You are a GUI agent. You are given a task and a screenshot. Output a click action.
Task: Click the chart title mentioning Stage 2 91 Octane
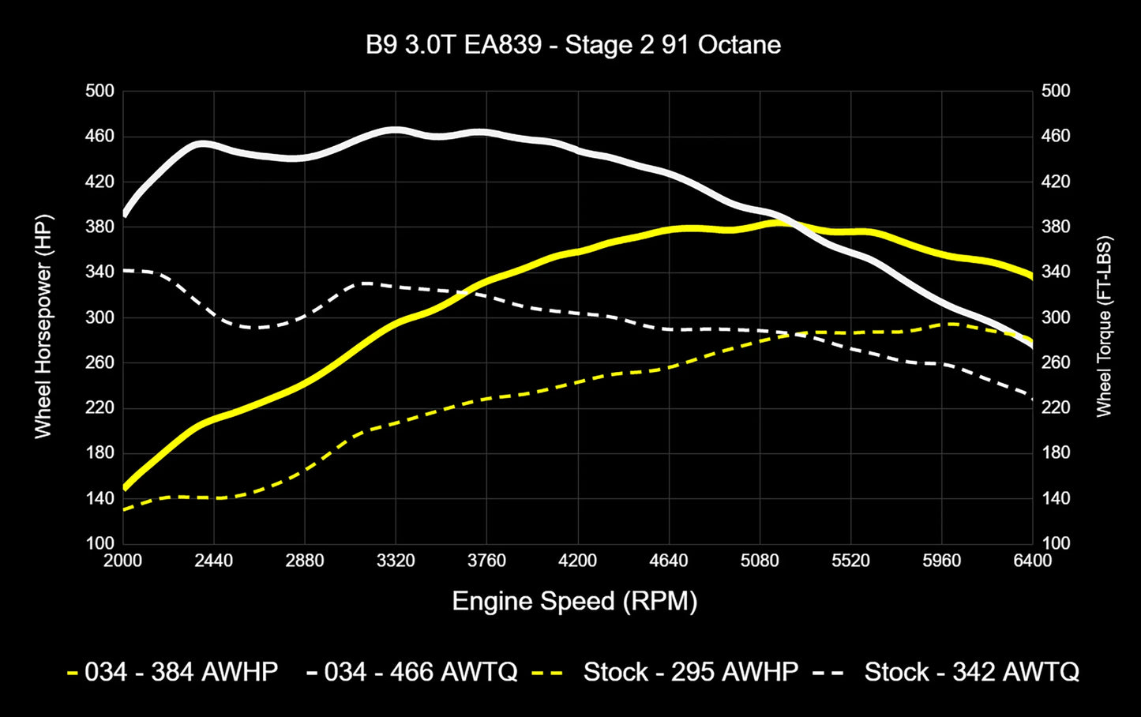coord(573,45)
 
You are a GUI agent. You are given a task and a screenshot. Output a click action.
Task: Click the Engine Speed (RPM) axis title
coord(574,602)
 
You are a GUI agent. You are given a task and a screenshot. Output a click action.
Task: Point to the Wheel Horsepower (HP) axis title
coord(43,326)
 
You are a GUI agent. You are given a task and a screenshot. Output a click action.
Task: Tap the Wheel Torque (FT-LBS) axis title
coord(1103,326)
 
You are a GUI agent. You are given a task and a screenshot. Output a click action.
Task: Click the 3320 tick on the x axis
coord(396,561)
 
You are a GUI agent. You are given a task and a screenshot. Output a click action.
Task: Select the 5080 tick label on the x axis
coord(760,561)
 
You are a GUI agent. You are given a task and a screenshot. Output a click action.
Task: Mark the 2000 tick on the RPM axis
coord(123,561)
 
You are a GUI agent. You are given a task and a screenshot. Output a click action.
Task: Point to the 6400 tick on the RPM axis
coord(1032,561)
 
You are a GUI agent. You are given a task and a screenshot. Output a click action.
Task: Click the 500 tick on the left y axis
coord(100,91)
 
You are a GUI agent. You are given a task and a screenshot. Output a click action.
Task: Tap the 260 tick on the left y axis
coord(100,362)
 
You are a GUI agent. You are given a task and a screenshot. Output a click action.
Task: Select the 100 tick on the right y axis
coord(1056,543)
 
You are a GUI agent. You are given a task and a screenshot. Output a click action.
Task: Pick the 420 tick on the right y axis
coord(1056,182)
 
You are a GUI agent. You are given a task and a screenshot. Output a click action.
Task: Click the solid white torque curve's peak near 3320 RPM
coord(395,130)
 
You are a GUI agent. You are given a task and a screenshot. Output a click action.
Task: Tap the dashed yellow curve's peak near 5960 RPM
coord(952,324)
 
